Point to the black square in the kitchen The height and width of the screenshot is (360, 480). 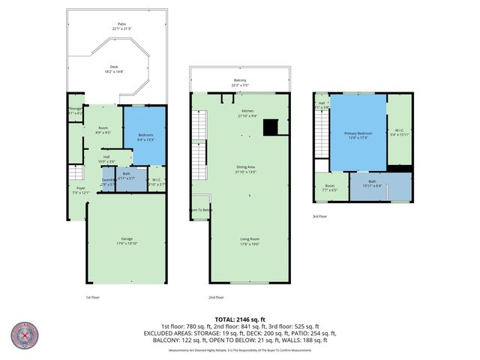271,127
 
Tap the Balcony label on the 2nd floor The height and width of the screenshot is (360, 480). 239,82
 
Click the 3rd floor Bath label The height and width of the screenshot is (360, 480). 373,184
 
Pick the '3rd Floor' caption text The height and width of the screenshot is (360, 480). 320,217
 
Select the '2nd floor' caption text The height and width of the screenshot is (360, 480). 217,297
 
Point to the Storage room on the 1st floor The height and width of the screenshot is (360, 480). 76,110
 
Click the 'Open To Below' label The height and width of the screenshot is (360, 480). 201,210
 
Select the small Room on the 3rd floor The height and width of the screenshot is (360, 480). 330,187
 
